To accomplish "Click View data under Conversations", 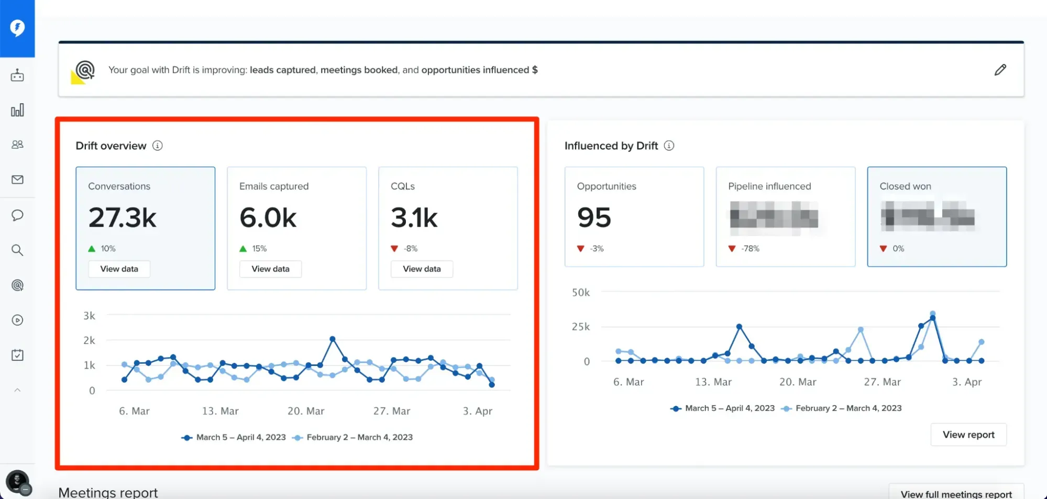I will pos(119,269).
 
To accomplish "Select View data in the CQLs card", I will pos(422,269).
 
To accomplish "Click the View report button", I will pos(968,435).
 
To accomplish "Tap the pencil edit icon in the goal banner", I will pos(1000,70).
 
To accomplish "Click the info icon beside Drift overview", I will pos(157,146).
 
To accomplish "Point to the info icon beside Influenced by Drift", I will pos(669,146).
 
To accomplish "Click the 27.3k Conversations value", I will pos(122,218).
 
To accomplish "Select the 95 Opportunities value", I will pos(594,218).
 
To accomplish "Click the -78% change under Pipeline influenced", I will pos(750,249).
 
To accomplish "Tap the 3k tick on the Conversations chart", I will pos(89,316).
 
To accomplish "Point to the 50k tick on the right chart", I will pos(580,293).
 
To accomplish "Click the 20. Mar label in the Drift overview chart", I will pos(305,411).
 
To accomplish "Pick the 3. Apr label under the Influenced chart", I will pos(966,382).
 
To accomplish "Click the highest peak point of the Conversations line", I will pos(332,339).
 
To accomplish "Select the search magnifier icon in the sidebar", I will pos(17,250).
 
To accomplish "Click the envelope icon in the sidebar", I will pos(17,180).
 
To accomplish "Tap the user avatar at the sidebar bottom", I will pos(17,481).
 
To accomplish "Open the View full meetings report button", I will pos(956,493).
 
